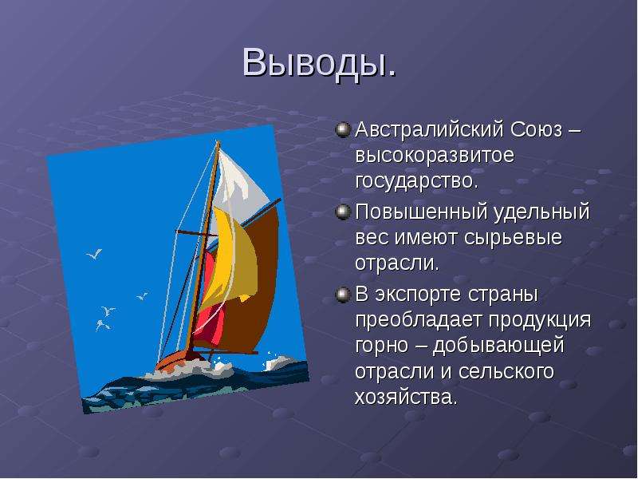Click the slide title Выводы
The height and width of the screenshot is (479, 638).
coord(319,63)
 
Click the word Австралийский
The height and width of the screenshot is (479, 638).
coord(429,130)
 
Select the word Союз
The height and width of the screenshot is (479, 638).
coord(536,130)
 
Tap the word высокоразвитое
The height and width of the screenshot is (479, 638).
coord(435,156)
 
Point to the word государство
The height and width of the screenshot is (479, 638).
coord(416,181)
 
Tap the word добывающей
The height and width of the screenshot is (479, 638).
coord(498,346)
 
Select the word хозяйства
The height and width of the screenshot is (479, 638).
coord(406,397)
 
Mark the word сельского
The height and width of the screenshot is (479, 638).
coord(506,371)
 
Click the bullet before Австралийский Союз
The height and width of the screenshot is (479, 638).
coord(343,130)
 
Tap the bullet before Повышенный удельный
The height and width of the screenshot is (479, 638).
coord(343,212)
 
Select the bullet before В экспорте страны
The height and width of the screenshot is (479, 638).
coord(343,295)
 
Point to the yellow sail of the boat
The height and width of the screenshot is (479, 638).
coord(231,261)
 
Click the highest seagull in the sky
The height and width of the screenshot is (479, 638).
coord(94,254)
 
